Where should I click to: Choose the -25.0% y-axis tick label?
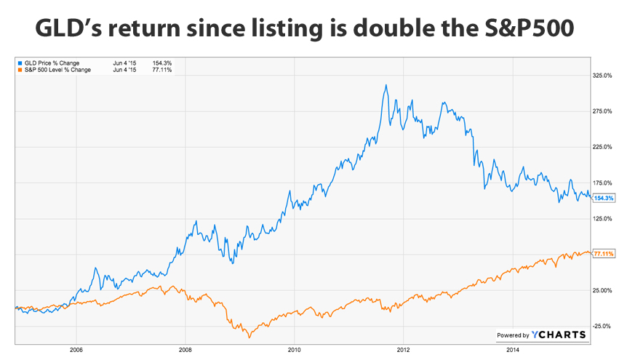click(x=604, y=326)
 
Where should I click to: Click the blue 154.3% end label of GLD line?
click(x=604, y=198)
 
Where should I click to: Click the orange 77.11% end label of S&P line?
click(x=604, y=253)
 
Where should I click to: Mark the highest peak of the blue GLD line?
click(x=386, y=85)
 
